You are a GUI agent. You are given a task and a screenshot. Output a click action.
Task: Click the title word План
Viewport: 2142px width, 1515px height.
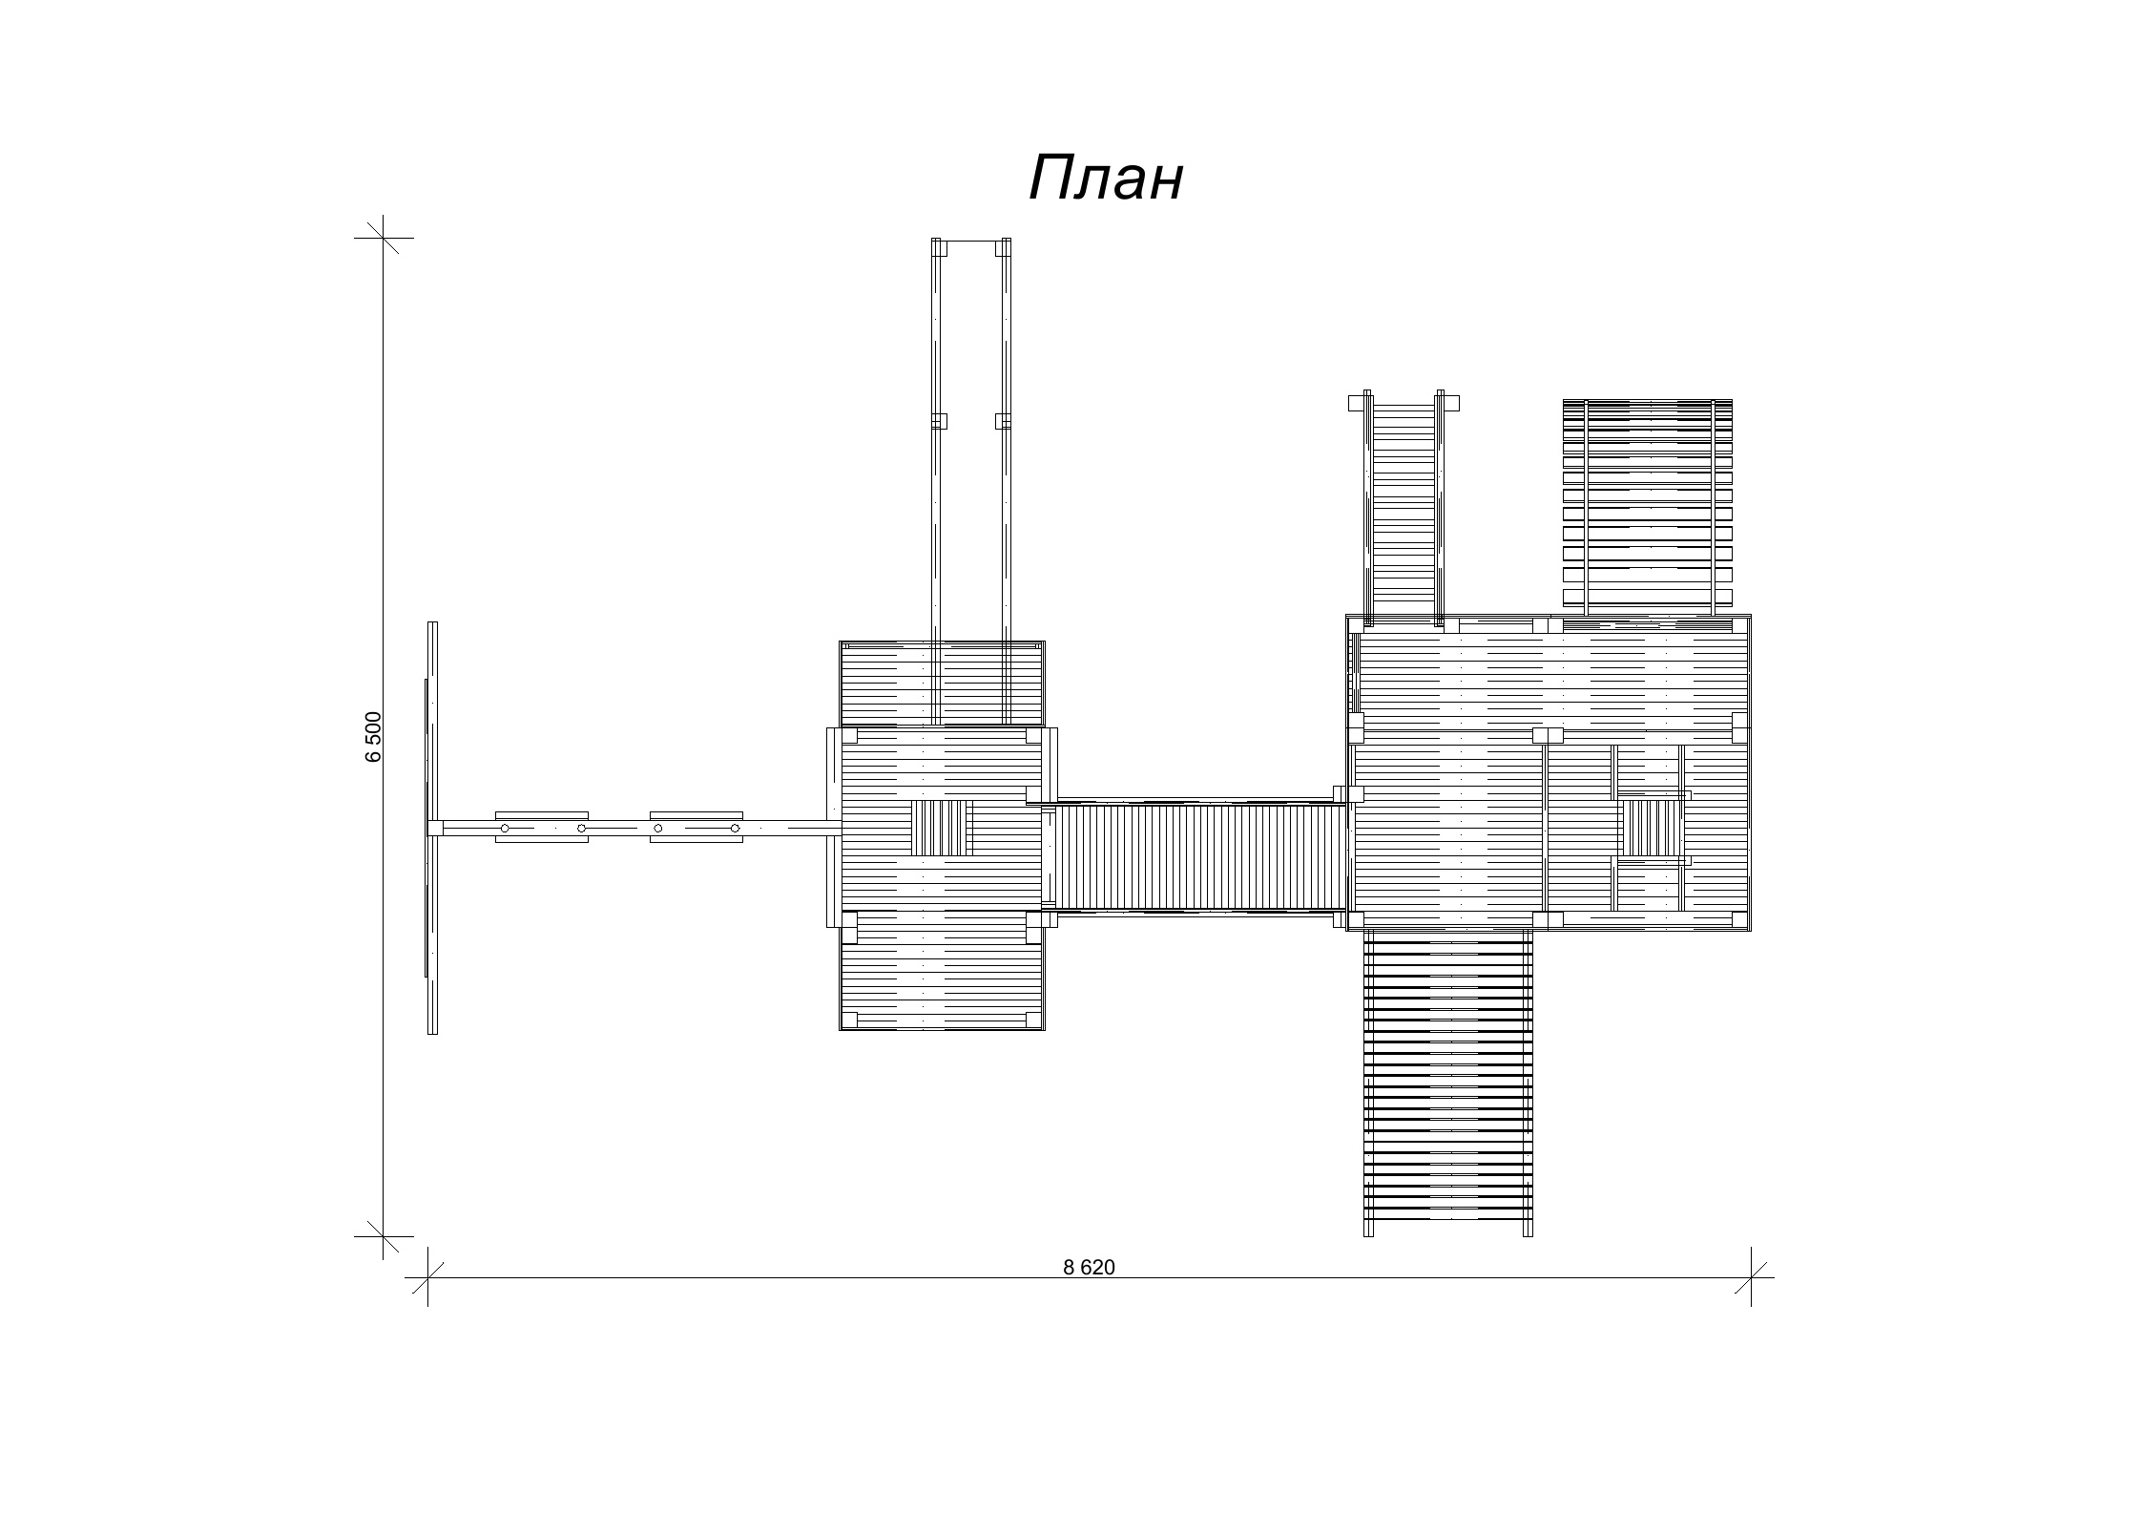click(x=1106, y=178)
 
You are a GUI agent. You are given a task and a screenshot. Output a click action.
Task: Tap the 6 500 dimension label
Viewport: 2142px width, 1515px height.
click(x=373, y=736)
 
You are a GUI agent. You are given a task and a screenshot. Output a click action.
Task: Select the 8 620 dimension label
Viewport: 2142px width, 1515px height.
click(x=1089, y=1268)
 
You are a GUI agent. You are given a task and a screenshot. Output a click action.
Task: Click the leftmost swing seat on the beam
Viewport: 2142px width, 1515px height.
click(x=542, y=828)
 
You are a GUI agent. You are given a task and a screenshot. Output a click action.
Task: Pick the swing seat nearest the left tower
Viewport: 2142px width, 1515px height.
click(x=697, y=828)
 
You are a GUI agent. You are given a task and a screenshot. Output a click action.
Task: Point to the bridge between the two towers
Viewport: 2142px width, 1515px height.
click(x=1194, y=856)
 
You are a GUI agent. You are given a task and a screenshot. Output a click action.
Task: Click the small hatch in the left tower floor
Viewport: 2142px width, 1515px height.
click(x=941, y=828)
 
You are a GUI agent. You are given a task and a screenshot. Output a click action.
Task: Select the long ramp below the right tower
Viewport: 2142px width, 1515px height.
click(x=1448, y=1083)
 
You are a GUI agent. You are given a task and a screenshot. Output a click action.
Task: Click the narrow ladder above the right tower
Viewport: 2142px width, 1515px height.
click(x=1404, y=507)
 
